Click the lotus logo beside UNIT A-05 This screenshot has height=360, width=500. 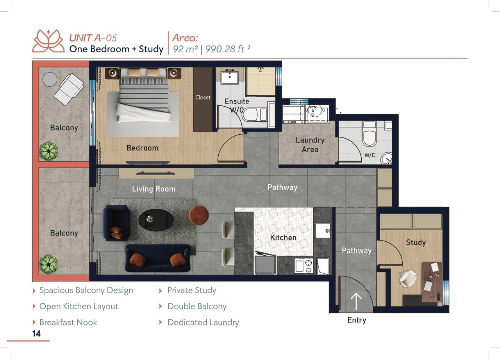pyautogui.click(x=48, y=41)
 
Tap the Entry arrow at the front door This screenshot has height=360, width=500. pyautogui.click(x=356, y=301)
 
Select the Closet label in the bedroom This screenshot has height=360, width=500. pyautogui.click(x=203, y=98)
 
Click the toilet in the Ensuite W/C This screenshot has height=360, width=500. pyautogui.click(x=254, y=115)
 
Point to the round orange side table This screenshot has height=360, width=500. pyautogui.click(x=198, y=215)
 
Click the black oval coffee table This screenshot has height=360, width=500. pyautogui.click(x=156, y=220)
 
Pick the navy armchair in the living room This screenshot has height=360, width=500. pyautogui.click(x=116, y=223)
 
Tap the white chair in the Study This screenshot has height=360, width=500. pyautogui.click(x=407, y=278)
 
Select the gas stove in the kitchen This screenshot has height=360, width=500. pyautogui.click(x=304, y=266)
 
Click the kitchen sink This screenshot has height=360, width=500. pyautogui.click(x=323, y=230)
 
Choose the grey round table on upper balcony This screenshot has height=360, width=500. pyautogui.click(x=50, y=79)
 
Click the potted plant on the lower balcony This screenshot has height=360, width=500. pyautogui.click(x=48, y=264)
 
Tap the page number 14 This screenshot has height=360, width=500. pyautogui.click(x=36, y=333)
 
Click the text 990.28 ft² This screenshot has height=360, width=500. pyautogui.click(x=227, y=49)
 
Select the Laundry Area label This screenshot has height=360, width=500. pyautogui.click(x=310, y=144)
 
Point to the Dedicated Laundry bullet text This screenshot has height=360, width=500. pyautogui.click(x=203, y=323)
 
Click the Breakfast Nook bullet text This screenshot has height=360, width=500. pyautogui.click(x=68, y=322)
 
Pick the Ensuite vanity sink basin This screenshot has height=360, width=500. pyautogui.click(x=229, y=77)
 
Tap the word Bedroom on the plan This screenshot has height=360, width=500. pyautogui.click(x=143, y=148)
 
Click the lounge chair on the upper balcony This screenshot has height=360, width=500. pyautogui.click(x=69, y=89)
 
